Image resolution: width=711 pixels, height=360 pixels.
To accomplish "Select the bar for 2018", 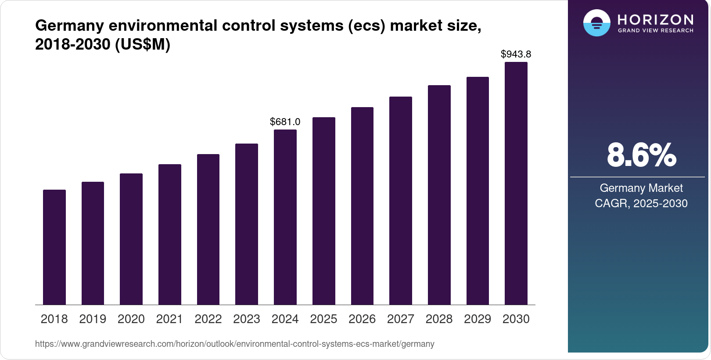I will tap(54, 247).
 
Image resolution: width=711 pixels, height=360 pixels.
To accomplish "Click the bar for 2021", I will tap(170, 234).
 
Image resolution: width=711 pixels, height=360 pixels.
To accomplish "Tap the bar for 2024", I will tap(285, 217).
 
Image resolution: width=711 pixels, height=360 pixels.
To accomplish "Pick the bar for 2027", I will tap(401, 201).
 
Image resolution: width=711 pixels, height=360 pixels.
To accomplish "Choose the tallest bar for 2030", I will tap(516, 184).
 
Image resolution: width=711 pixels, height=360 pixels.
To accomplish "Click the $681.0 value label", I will tap(285, 122).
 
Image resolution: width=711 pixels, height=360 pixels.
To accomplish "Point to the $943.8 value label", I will tap(516, 54).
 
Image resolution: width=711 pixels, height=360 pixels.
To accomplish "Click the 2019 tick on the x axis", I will tap(93, 319).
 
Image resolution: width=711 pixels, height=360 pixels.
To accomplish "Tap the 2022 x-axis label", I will tap(208, 319).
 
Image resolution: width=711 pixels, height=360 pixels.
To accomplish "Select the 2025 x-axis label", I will tap(323, 319).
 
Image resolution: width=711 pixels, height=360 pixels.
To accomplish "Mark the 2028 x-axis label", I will tap(439, 319).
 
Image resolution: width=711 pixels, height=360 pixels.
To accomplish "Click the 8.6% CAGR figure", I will tap(641, 155).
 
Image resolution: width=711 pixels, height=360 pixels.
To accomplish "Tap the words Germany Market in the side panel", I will tap(641, 188).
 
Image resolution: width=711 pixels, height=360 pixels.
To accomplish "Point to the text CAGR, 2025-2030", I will tap(641, 203).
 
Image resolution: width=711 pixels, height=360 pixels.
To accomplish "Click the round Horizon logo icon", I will tap(596, 23).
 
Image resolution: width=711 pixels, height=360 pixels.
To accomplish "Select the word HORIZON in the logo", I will tap(656, 19).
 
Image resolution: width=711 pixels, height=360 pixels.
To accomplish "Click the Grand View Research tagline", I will tap(656, 31).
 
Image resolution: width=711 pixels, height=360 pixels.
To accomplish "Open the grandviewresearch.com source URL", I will tap(235, 344).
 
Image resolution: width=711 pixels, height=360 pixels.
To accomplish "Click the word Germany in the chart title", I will tap(69, 25).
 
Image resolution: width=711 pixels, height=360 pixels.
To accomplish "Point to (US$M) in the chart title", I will tap(143, 44).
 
